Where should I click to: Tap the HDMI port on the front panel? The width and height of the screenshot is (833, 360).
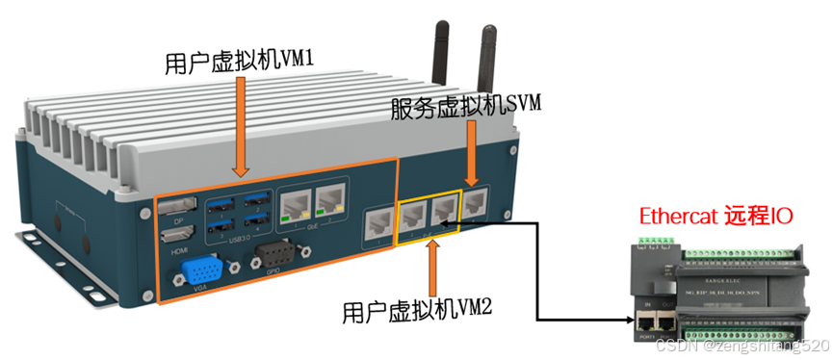[x=181, y=232]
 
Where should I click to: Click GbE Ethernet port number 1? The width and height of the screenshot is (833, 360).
[x=295, y=204]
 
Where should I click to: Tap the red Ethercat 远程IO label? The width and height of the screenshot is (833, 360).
[x=718, y=217]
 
